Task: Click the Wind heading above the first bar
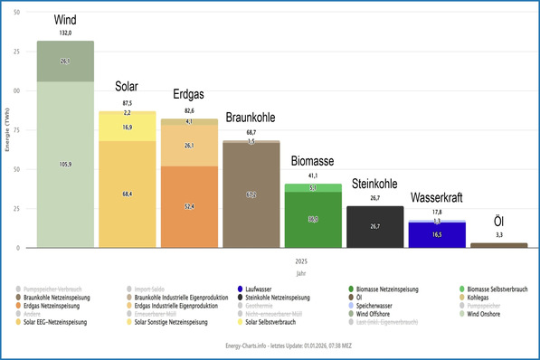65,20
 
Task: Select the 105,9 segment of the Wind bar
65,165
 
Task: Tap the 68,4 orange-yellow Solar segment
127,194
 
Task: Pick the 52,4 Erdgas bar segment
188,206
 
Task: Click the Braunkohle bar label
250,118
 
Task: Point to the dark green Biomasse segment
312,219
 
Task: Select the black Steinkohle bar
374,226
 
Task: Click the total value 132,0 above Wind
65,33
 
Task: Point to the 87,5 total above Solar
127,103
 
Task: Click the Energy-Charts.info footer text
270,346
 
